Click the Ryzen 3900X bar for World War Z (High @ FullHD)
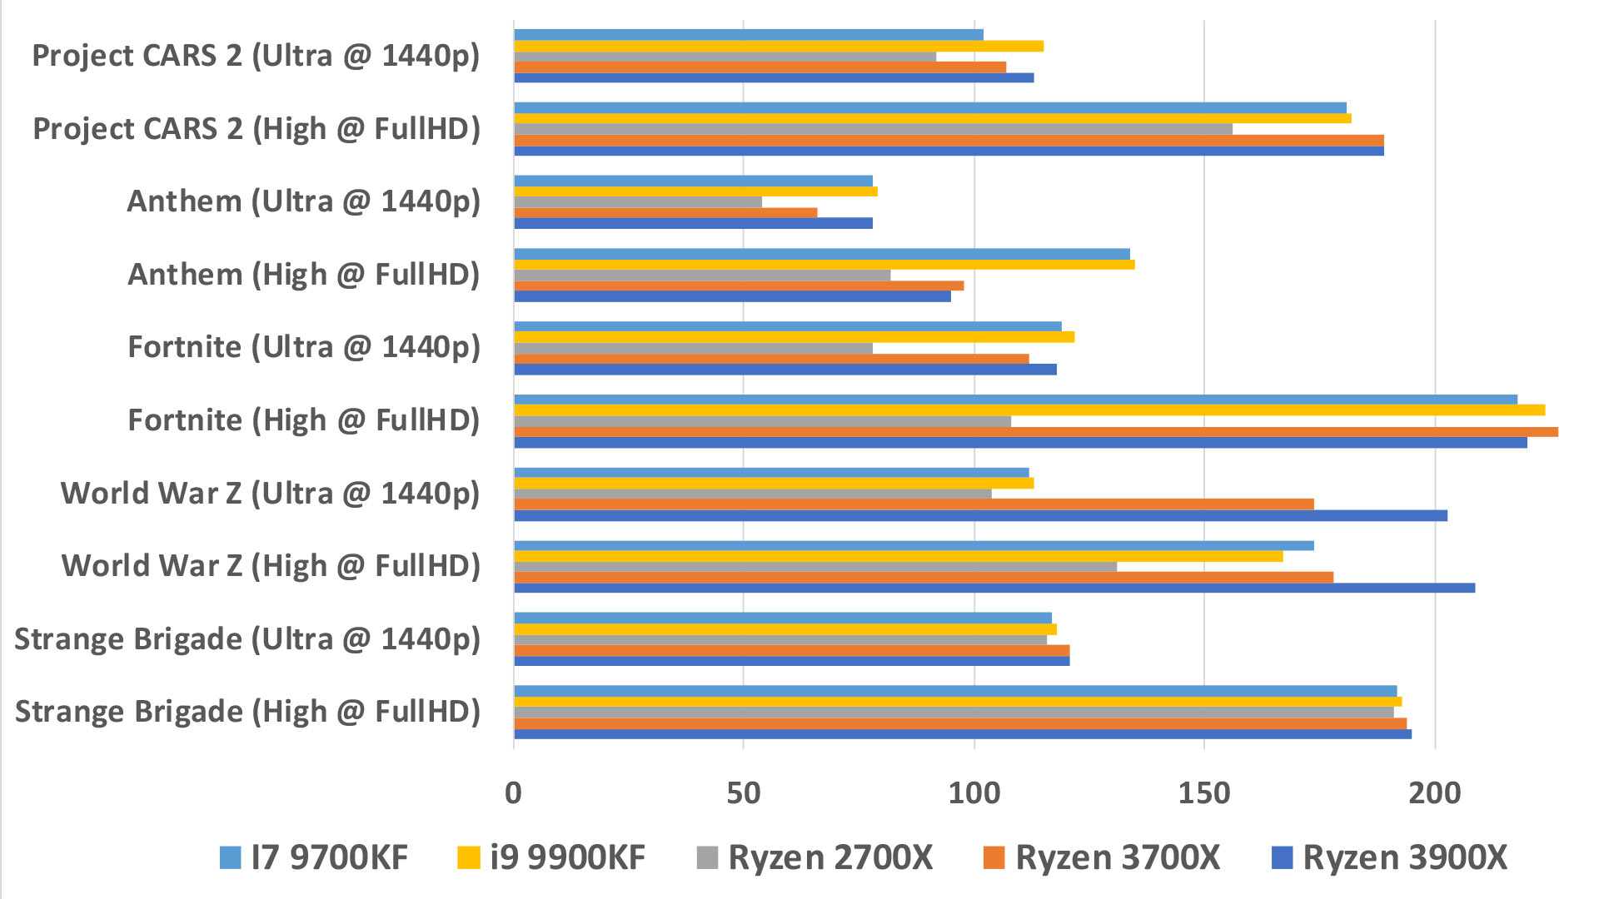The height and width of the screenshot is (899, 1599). pos(994,588)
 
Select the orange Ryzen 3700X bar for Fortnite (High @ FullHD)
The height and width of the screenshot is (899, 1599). pos(1036,431)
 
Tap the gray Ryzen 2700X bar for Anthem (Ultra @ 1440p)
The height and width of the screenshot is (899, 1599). pos(638,202)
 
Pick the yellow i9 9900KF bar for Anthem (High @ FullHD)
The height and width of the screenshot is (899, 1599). pos(824,265)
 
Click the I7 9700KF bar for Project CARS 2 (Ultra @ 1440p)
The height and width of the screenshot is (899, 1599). pos(749,35)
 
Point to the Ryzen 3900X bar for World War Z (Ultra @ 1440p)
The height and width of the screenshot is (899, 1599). pos(980,515)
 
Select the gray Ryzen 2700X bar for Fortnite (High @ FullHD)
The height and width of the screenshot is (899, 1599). pos(763,421)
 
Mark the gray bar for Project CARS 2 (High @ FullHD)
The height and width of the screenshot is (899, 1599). pos(873,129)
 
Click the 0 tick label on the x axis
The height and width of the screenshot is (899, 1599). pos(513,793)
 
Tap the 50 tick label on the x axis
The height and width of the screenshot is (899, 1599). pos(744,793)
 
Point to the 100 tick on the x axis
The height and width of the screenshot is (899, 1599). pos(974,793)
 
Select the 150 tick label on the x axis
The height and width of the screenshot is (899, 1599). pos(1204,793)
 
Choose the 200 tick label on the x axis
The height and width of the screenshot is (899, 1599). pos(1434,793)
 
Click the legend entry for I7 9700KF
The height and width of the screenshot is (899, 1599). pos(314,857)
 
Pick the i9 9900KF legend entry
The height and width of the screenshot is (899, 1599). pos(551,857)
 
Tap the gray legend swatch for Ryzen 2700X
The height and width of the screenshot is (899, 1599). pos(707,857)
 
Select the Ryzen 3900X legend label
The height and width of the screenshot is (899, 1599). pos(1405,857)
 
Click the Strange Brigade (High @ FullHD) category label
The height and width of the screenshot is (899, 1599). pos(248,713)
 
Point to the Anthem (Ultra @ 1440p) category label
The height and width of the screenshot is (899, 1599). pos(304,202)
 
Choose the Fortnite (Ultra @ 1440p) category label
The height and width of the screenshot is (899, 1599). pos(304,348)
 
